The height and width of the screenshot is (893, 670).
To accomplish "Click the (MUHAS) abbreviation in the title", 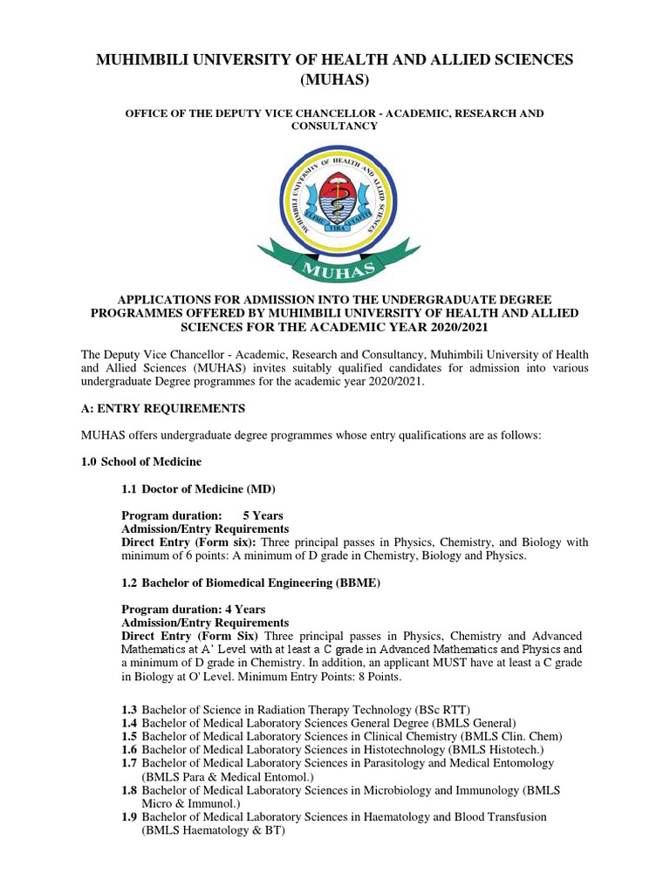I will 335,81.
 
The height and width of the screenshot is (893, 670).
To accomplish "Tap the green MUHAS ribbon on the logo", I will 335,258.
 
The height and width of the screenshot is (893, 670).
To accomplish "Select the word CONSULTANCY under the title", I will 335,126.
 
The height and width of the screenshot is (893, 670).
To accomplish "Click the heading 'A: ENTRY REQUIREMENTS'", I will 163,408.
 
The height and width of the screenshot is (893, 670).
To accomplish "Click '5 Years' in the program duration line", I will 263,515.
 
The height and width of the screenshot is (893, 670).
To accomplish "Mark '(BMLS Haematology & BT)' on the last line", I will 213,830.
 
